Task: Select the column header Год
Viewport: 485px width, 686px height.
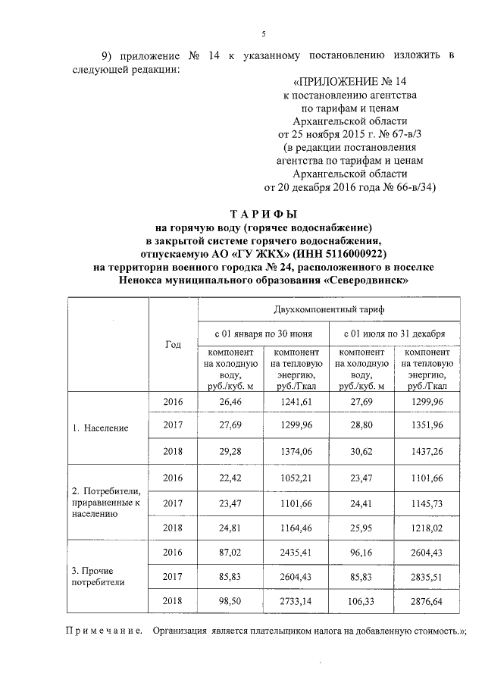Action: (173, 344)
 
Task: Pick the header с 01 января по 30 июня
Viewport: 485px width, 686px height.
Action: (264, 334)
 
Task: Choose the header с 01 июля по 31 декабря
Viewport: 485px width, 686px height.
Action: (394, 334)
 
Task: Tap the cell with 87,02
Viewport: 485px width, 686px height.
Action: (230, 551)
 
